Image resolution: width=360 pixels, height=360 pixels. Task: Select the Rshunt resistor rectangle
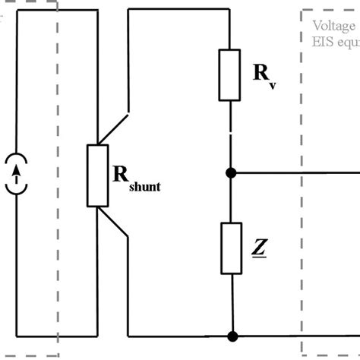[x=98, y=175]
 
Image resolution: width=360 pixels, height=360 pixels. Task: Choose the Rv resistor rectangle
[x=230, y=74]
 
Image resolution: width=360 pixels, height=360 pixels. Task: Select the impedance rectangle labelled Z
[x=230, y=248]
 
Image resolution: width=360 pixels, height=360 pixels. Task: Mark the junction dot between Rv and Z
[x=231, y=173]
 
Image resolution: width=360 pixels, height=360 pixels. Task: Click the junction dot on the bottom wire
[x=231, y=335]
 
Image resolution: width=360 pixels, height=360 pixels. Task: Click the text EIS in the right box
[x=323, y=42]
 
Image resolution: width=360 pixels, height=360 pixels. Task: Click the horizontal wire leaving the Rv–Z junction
[x=289, y=173]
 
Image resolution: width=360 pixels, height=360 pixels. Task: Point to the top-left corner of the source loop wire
[x=16, y=11]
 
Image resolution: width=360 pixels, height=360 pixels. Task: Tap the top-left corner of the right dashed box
[x=302, y=11]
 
